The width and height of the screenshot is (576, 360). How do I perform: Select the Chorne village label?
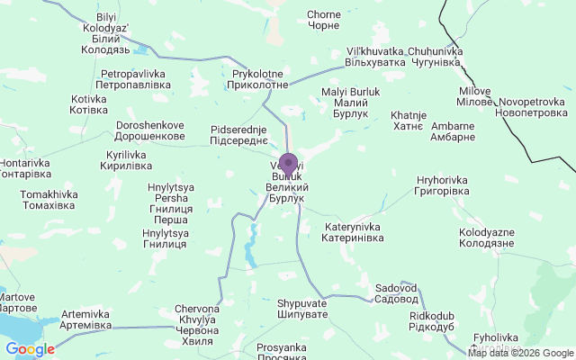tap(323, 20)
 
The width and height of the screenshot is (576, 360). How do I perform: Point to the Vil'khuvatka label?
tap(374, 58)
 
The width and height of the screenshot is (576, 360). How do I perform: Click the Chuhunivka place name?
tap(435, 58)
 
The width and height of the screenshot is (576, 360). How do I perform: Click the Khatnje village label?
tap(407, 121)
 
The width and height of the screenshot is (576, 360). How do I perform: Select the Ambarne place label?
tap(453, 131)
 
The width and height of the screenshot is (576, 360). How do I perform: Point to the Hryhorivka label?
tap(439, 185)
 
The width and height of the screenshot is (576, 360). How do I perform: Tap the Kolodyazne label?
tap(486, 238)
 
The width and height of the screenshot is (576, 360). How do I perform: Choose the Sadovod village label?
tap(396, 293)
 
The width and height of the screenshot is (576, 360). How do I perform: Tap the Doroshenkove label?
tap(150, 130)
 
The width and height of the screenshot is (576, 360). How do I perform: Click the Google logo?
tap(30, 349)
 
